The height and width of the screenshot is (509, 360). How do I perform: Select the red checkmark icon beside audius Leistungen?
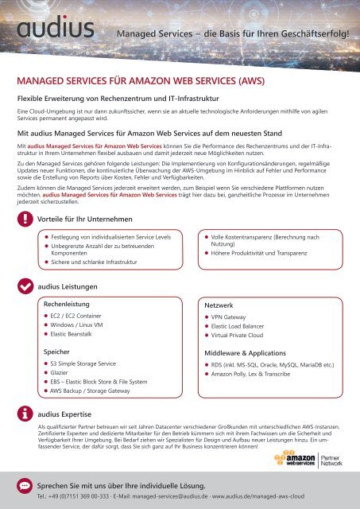point(26,285)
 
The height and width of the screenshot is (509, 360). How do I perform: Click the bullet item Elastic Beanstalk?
point(84,336)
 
